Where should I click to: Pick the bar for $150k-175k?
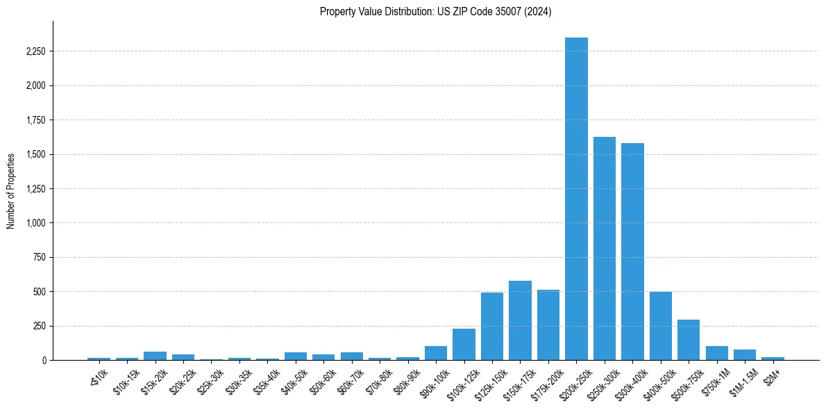click(520, 320)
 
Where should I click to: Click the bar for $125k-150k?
click(492, 327)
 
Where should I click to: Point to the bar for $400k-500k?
click(660, 326)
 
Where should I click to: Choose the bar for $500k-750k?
click(689, 340)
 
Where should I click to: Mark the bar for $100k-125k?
click(464, 345)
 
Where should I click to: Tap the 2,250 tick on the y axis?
click(36, 51)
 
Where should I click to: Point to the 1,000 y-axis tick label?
click(36, 223)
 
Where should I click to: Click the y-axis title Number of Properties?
click(11, 190)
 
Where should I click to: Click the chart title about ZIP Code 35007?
click(435, 12)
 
